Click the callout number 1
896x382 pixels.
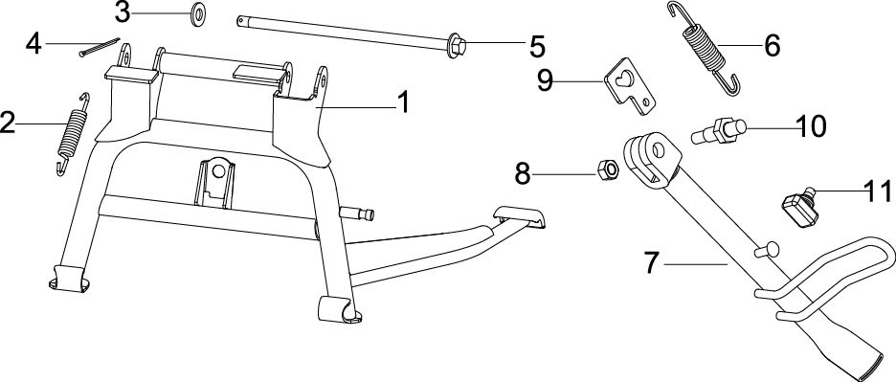[x=403, y=103]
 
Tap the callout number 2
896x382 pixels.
[x=8, y=123]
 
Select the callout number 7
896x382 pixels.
[x=652, y=263]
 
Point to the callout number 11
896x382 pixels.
[x=877, y=191]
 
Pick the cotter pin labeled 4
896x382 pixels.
[x=100, y=47]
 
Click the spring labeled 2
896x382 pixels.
[x=73, y=134]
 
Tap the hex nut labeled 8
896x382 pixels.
[x=608, y=169]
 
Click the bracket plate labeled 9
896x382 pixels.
[x=629, y=88]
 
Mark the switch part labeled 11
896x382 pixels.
[x=799, y=208]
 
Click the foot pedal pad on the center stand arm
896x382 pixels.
[x=519, y=216]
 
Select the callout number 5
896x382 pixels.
[x=537, y=46]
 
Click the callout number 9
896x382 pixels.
[x=545, y=80]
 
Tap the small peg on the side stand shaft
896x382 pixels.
[x=766, y=250]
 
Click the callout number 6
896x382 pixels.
[x=772, y=46]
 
